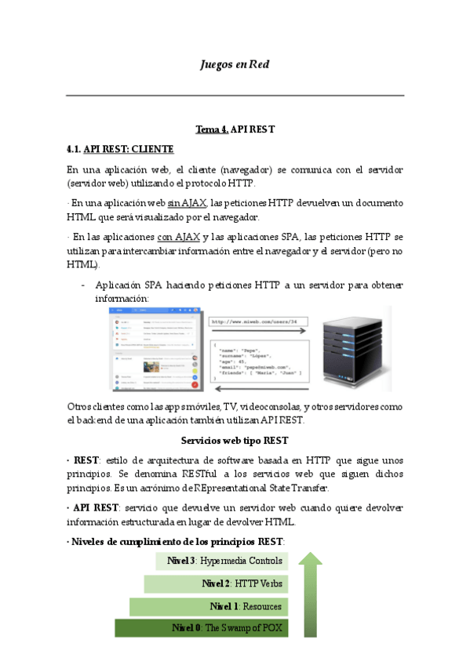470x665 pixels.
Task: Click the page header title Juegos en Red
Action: tap(235, 64)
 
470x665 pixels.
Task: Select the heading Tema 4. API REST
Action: tap(235, 129)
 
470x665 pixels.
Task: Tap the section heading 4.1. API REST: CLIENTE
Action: tap(120, 148)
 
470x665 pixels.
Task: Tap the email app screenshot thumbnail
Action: tap(154, 348)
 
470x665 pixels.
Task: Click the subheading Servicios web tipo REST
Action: tap(235, 440)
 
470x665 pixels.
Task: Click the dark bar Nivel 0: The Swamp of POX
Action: tap(201, 628)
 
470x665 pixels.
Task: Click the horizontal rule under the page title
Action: tap(235, 96)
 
